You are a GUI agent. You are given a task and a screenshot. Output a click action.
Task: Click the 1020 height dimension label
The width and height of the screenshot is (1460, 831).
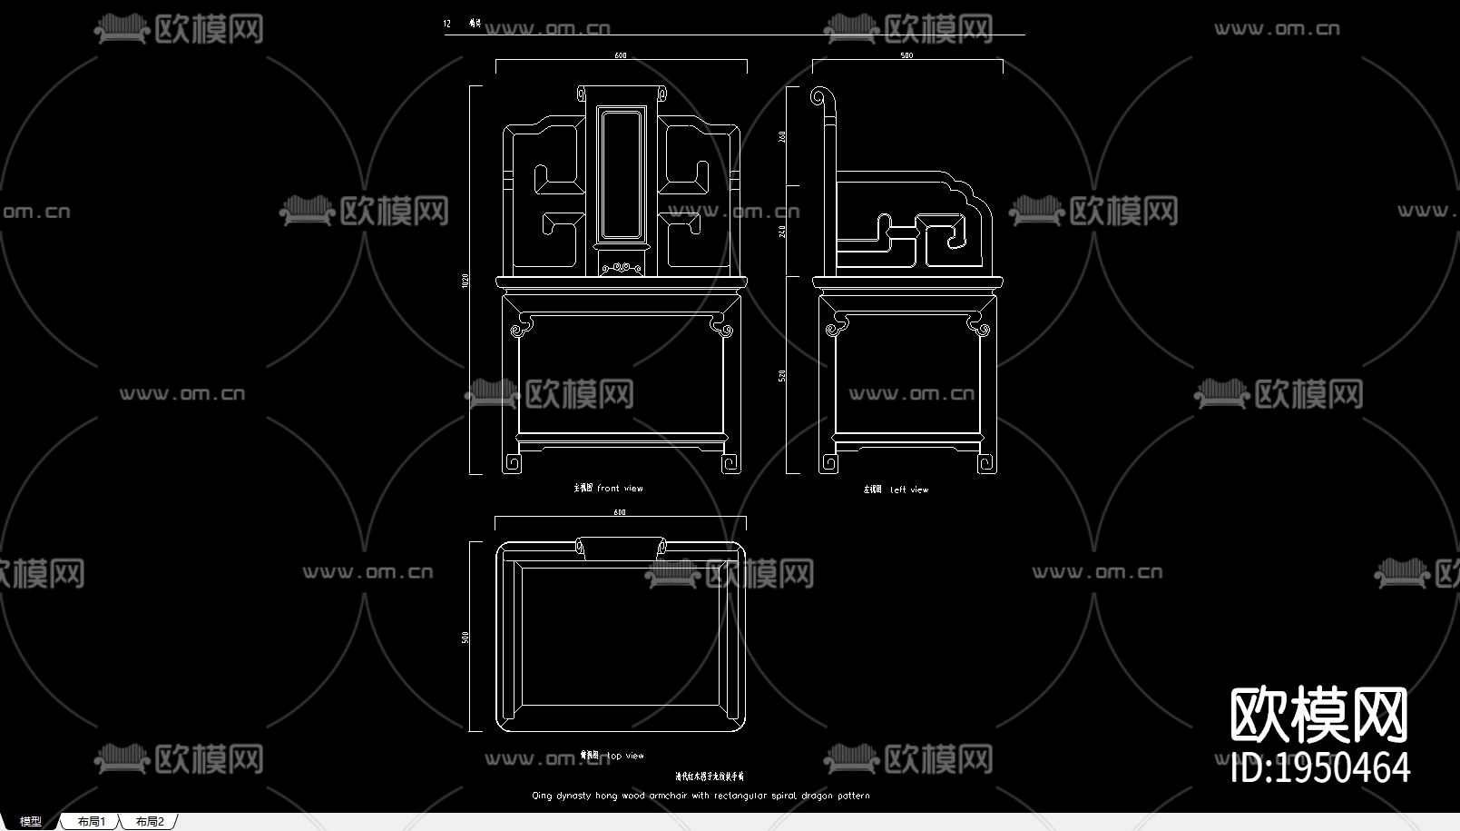pyautogui.click(x=465, y=282)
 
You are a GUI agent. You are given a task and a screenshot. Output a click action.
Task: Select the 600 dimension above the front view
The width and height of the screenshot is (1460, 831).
pyautogui.click(x=621, y=55)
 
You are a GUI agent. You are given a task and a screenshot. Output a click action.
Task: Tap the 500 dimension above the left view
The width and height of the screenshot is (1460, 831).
pyautogui.click(x=906, y=55)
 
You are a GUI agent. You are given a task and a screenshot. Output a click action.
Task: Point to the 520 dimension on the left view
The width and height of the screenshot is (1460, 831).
pyautogui.click(x=782, y=375)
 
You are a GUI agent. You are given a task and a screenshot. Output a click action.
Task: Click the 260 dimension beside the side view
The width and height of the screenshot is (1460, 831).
pyautogui.click(x=782, y=136)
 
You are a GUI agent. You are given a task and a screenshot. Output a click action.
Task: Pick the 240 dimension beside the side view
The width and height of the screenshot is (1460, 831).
pyautogui.click(x=782, y=231)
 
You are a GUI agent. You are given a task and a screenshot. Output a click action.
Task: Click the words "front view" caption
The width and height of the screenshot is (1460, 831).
pyautogui.click(x=620, y=489)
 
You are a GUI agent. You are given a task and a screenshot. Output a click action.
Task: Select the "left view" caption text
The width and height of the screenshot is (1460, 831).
pyautogui.click(x=909, y=490)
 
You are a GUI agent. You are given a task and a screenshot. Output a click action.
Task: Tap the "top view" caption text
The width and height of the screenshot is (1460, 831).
pyautogui.click(x=626, y=756)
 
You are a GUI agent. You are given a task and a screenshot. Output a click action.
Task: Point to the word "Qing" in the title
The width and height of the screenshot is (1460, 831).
pyautogui.click(x=542, y=796)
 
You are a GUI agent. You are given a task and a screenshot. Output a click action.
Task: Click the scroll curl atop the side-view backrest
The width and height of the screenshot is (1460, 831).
pyautogui.click(x=820, y=96)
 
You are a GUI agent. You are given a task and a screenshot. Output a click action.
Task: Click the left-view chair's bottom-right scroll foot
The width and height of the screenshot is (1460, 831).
pyautogui.click(x=985, y=464)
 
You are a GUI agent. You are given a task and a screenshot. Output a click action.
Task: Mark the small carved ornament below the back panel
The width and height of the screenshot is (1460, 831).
pyautogui.click(x=622, y=267)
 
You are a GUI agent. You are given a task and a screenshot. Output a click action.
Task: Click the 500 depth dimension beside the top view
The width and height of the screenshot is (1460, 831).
pyautogui.click(x=465, y=638)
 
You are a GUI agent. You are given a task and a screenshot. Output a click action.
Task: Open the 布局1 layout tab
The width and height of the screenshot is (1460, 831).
pyautogui.click(x=92, y=821)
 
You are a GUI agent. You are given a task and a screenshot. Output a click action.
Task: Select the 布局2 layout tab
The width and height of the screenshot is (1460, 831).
pyautogui.click(x=150, y=821)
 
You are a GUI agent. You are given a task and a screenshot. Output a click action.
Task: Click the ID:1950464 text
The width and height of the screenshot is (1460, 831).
pyautogui.click(x=1320, y=768)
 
